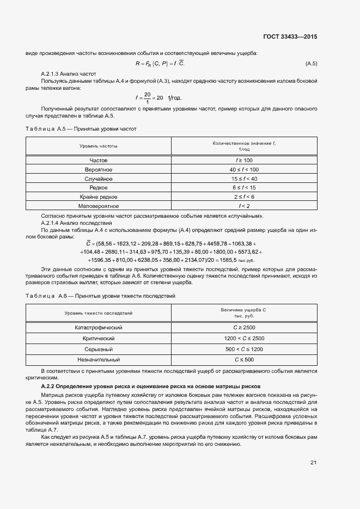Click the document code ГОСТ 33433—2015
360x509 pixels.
point(290,37)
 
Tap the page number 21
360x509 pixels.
point(313,463)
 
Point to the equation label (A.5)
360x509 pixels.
point(312,64)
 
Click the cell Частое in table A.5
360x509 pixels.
point(98,161)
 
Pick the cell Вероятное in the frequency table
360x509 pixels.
point(98,170)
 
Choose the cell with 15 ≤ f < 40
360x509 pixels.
point(243,179)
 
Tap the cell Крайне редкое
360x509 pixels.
point(98,197)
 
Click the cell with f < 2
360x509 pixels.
point(243,206)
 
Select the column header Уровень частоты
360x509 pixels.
point(98,146)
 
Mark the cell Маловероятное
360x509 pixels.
point(98,206)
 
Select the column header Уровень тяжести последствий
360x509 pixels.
point(98,313)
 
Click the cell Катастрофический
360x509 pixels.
point(98,328)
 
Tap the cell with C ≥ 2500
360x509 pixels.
point(243,328)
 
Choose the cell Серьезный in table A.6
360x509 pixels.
point(98,349)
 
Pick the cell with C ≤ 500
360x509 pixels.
point(243,360)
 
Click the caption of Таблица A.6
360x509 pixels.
point(100,296)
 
